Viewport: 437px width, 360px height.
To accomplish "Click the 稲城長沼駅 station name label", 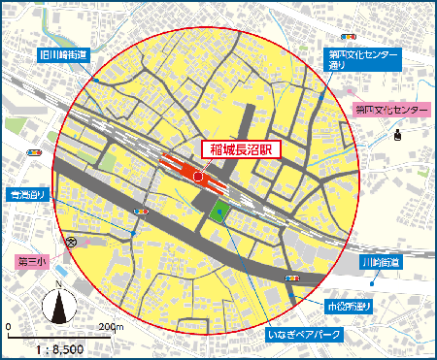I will click(x=240, y=150).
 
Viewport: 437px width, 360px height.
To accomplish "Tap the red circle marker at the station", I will click(x=198, y=177).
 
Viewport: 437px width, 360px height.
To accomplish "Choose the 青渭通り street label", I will click(x=29, y=197).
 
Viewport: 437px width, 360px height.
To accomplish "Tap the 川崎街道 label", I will click(x=380, y=263).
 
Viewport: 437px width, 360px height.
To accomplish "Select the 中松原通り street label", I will click(x=350, y=307).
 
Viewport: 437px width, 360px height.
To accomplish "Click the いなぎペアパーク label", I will click(x=303, y=335).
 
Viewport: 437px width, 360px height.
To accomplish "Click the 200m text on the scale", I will click(x=111, y=326).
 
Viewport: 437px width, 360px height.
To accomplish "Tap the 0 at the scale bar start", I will click(x=9, y=326).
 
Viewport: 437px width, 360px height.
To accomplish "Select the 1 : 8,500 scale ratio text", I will click(x=59, y=346).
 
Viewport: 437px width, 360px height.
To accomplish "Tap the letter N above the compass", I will click(x=59, y=284).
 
